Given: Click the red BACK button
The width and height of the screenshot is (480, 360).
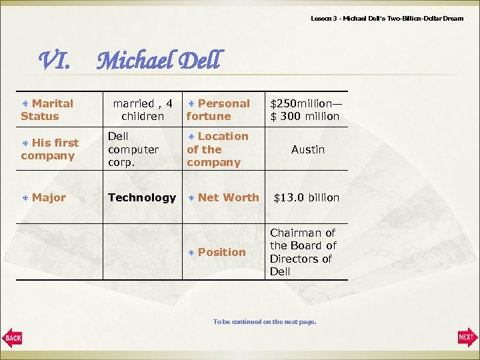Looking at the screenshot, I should tap(12, 338).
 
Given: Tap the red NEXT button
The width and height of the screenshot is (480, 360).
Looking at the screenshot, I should tap(467, 337).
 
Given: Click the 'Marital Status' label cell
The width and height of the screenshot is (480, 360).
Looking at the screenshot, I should tap(47, 110).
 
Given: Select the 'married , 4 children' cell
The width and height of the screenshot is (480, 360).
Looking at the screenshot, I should tap(143, 110).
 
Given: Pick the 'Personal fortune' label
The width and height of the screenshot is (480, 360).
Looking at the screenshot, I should tap(219, 110).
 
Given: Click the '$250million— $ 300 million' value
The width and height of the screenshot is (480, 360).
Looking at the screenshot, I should tap(305, 110).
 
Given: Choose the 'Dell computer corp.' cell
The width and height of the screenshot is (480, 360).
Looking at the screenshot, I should tap(133, 149).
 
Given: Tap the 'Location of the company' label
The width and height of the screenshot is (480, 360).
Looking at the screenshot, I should tap(218, 149).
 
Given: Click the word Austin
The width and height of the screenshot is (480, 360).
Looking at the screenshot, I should tap(308, 149).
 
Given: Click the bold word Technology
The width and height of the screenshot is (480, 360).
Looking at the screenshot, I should tap(142, 197).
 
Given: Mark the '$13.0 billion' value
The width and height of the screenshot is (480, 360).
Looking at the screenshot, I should tap(307, 197).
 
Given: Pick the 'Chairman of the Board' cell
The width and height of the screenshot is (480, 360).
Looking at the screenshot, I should tap(303, 252).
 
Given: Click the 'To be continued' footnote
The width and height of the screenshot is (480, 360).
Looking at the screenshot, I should tap(265, 322).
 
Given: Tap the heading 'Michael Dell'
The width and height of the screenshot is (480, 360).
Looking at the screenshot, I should tap(157, 61).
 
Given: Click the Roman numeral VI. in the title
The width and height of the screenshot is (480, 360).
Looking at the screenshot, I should tap(56, 62).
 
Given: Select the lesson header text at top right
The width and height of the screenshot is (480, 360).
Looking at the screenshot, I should tap(387, 18).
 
